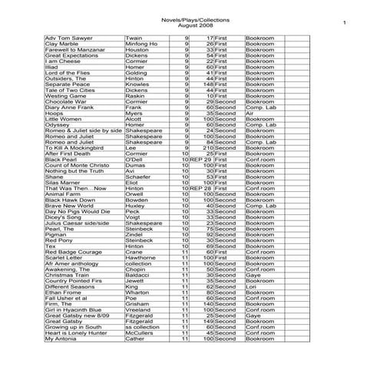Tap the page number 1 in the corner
click(x=345, y=24)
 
